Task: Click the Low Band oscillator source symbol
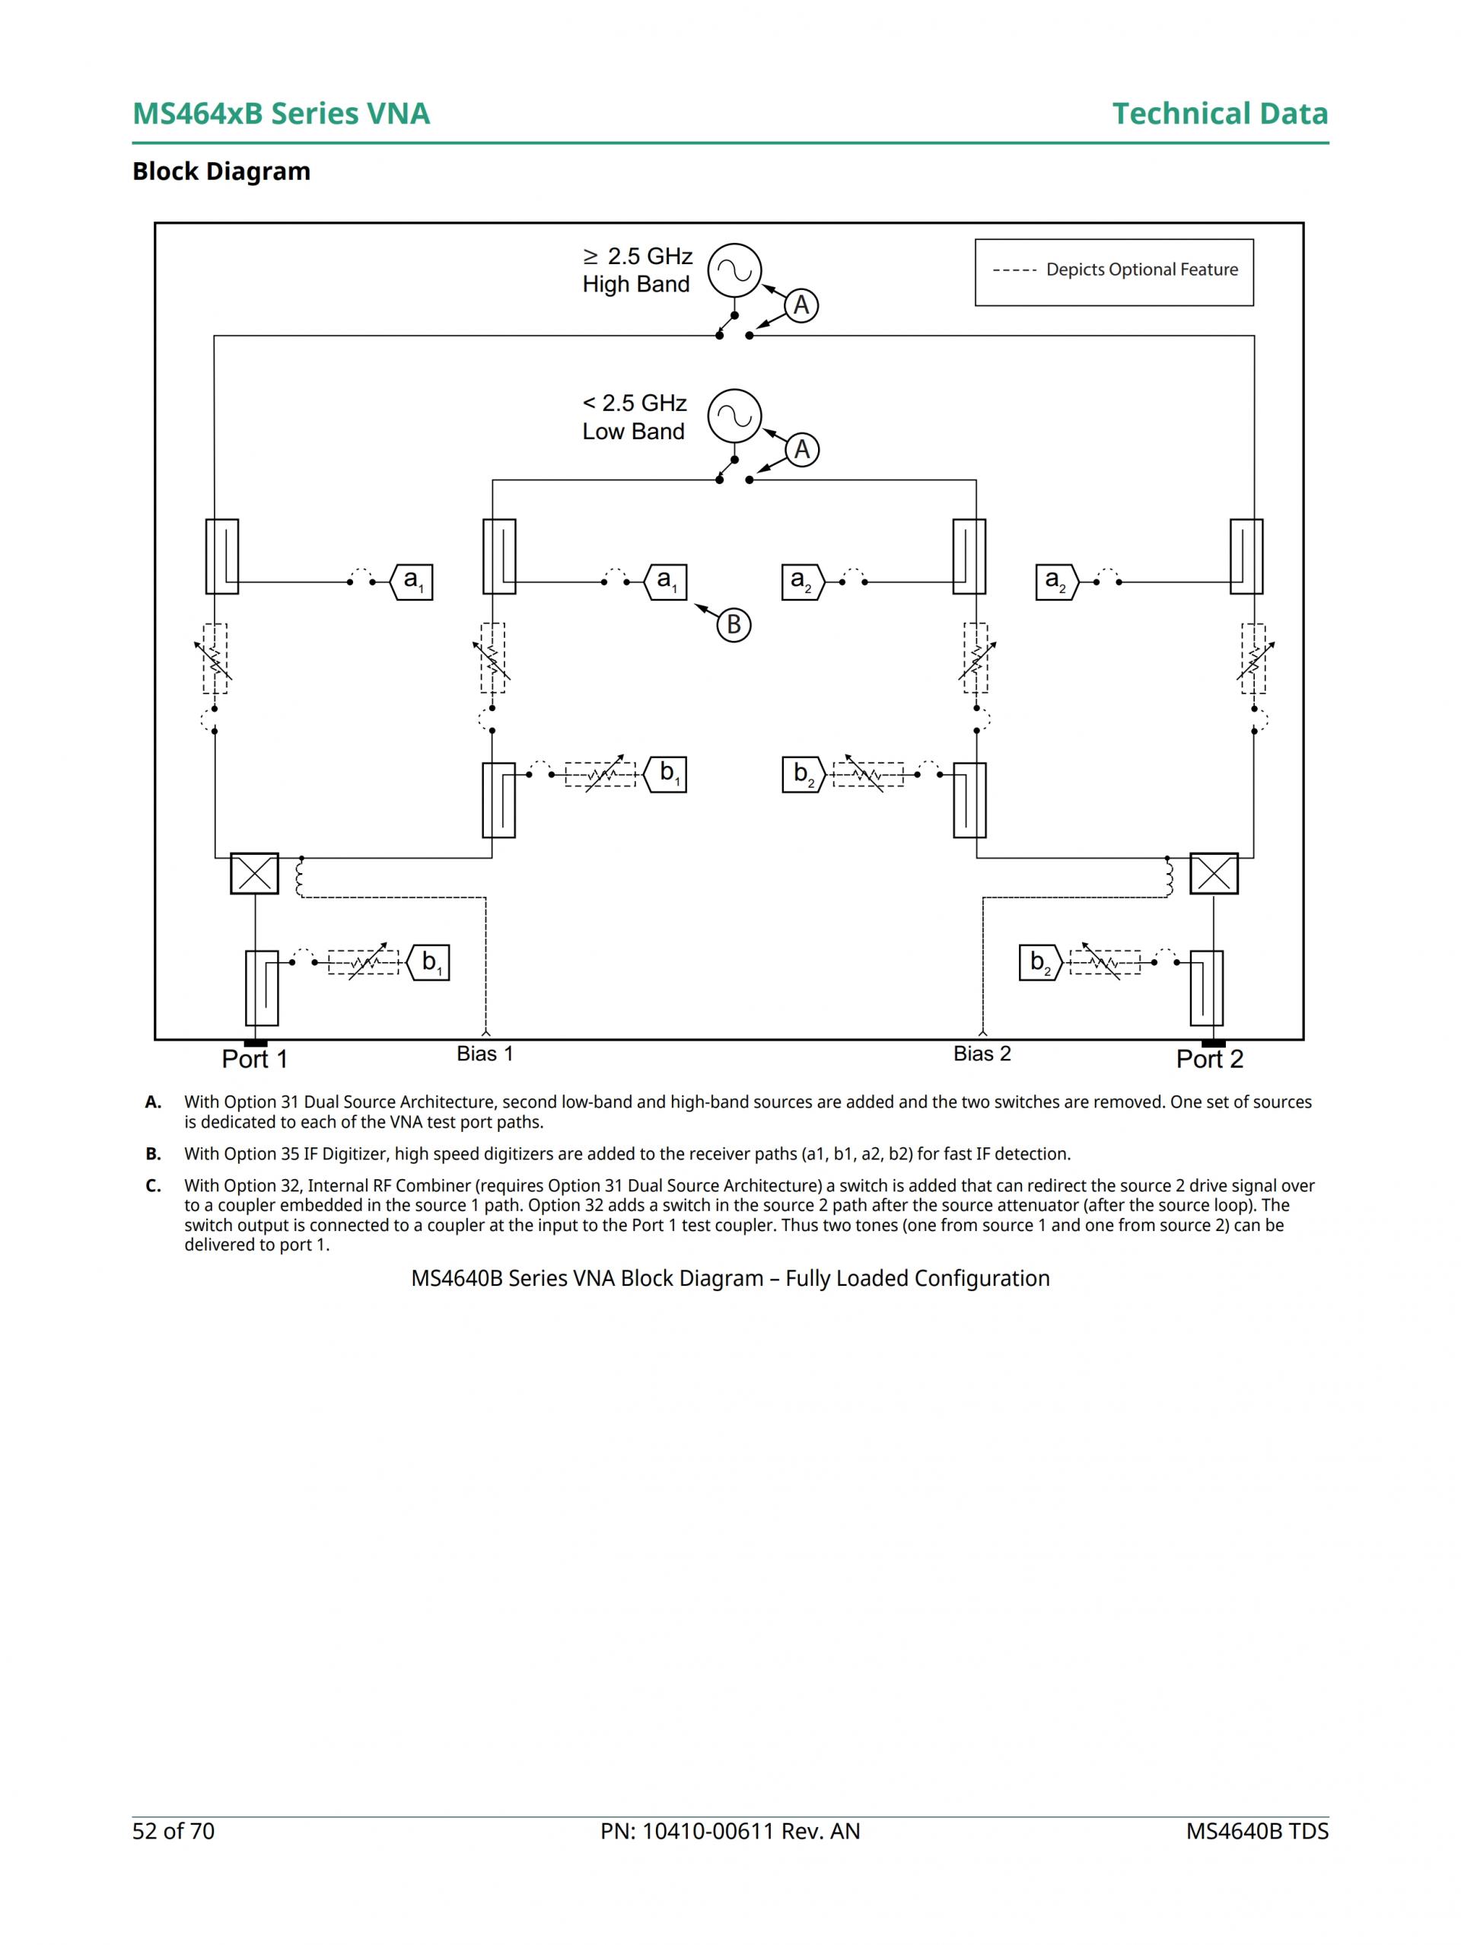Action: click(x=734, y=416)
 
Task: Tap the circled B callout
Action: click(x=733, y=625)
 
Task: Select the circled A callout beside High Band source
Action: click(x=801, y=305)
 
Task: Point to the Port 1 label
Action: click(x=254, y=1059)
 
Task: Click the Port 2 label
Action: click(x=1210, y=1059)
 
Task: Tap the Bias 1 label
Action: click(x=485, y=1054)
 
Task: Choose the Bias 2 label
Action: click(x=982, y=1054)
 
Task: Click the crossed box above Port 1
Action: click(x=254, y=873)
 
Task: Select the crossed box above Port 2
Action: click(x=1213, y=873)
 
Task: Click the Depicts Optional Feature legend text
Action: click(x=1141, y=270)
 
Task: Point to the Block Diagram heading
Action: click(x=221, y=171)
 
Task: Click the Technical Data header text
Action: click(x=1219, y=113)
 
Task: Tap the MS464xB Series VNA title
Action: click(x=281, y=113)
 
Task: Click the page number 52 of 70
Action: click(x=173, y=1832)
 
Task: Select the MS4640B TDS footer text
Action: click(x=1256, y=1832)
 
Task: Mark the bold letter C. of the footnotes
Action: click(x=153, y=1185)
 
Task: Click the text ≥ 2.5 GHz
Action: click(x=638, y=256)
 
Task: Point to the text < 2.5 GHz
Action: click(x=634, y=403)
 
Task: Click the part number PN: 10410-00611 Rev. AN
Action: click(x=730, y=1832)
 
